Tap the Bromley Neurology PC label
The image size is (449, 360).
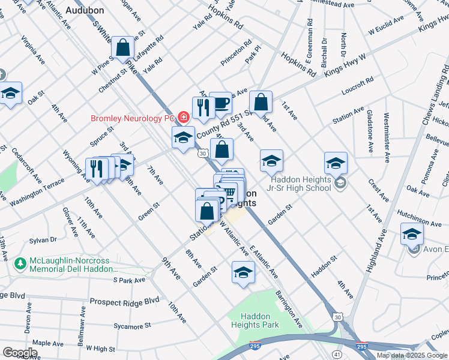pos(132,118)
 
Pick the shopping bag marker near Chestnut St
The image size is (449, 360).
pos(122,48)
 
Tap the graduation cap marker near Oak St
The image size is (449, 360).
pos(10,94)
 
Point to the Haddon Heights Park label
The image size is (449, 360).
pos(260,320)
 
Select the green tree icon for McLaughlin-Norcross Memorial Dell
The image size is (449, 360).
pos(20,263)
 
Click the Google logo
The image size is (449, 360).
pos(20,353)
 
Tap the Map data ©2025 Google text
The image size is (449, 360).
pos(411,355)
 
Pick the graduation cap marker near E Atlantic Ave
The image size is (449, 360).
pos(243,272)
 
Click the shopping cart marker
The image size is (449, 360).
pos(231,193)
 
